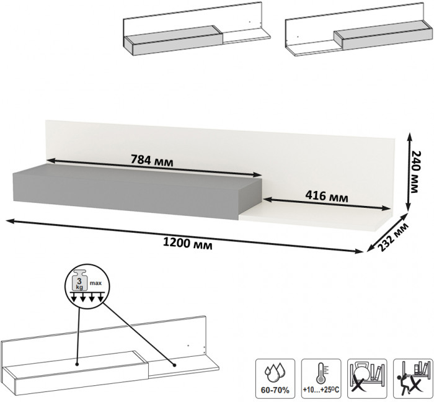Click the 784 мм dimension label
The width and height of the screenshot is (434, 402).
pyautogui.click(x=152, y=160)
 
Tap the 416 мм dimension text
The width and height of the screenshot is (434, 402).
pyautogui.click(x=327, y=196)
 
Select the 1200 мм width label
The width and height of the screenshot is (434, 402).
pyautogui.click(x=187, y=243)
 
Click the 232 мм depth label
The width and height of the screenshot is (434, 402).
pyautogui.click(x=392, y=238)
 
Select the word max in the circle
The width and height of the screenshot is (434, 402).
pyautogui.click(x=95, y=283)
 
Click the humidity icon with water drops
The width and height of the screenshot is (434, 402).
pyautogui.click(x=275, y=373)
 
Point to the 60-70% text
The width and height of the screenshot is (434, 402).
pyautogui.click(x=275, y=391)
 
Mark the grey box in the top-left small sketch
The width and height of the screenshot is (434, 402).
pyautogui.click(x=173, y=40)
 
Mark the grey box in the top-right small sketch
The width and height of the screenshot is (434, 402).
pyautogui.click(x=383, y=35)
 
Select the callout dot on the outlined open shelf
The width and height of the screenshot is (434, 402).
pyautogui.click(x=174, y=365)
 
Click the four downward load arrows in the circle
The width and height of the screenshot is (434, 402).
pyautogui.click(x=86, y=297)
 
